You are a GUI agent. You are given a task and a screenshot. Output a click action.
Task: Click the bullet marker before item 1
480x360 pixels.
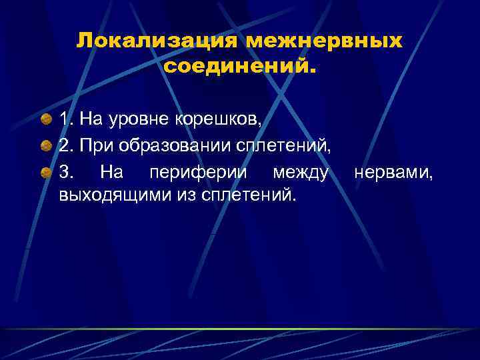point(45,119)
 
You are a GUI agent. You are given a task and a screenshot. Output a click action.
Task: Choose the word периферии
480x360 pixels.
point(200,173)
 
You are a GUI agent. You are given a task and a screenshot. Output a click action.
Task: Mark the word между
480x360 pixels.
point(301,173)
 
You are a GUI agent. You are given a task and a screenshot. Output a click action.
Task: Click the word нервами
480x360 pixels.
point(394,173)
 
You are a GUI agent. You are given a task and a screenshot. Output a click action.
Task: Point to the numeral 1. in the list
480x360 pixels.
point(66,120)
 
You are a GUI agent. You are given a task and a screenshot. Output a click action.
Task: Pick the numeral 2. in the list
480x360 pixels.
point(66,147)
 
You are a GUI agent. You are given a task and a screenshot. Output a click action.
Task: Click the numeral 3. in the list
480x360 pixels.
point(66,173)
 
